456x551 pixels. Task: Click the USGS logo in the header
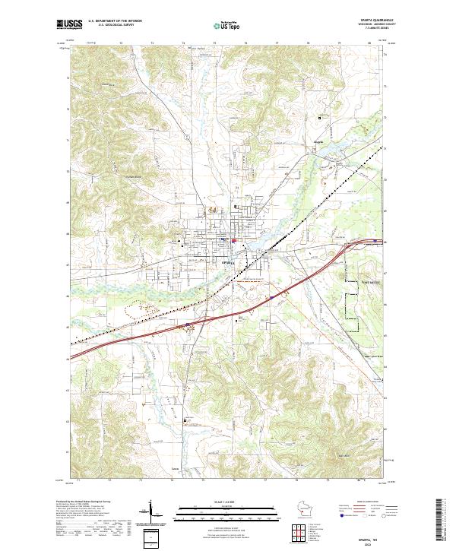[69, 24]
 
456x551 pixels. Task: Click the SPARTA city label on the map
[227, 262]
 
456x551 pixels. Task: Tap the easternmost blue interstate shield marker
[377, 242]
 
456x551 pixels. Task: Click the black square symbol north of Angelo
[320, 118]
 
